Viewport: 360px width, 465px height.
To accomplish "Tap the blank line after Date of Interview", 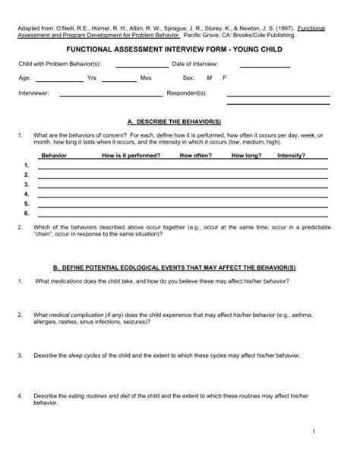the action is [x=260, y=67].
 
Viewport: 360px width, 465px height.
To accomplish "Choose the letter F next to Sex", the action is [x=224, y=78].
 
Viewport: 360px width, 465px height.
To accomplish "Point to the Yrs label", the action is [x=92, y=78].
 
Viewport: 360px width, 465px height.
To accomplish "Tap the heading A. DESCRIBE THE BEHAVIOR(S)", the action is [x=180, y=122].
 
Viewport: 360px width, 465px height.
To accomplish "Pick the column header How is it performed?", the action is [x=131, y=155].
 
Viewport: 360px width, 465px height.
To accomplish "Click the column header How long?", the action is [x=246, y=155].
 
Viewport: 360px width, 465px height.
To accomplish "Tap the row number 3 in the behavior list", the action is [x=27, y=185].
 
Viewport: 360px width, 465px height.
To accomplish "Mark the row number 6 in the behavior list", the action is [x=27, y=214].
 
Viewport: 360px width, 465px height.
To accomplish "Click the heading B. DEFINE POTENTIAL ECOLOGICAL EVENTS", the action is [x=180, y=268].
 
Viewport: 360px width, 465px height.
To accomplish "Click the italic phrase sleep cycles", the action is [x=91, y=355].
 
